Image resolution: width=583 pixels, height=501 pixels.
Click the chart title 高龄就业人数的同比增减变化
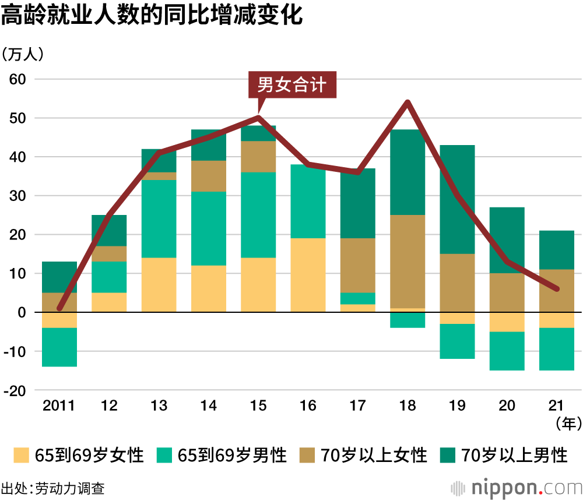tap(152, 16)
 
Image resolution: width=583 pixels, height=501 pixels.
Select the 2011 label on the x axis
tap(59, 405)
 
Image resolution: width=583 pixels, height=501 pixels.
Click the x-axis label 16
tap(308, 405)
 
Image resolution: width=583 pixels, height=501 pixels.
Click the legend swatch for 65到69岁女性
tap(21, 455)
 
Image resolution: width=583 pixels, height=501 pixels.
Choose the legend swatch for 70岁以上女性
tap(307, 455)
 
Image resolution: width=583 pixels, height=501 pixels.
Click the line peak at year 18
tap(408, 103)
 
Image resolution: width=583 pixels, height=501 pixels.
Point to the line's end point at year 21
tap(557, 289)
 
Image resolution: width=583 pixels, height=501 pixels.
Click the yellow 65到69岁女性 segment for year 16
tap(308, 275)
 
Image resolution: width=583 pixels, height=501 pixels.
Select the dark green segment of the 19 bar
tap(457, 199)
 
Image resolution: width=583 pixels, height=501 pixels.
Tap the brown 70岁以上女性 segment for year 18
tap(408, 261)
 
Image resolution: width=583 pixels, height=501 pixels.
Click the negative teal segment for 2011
tap(59, 347)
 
